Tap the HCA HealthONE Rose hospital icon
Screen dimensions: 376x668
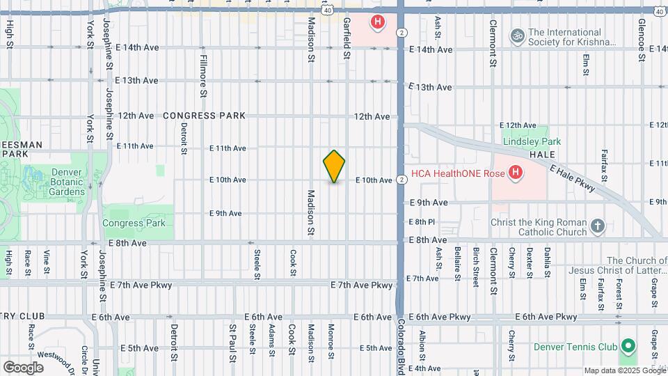515,172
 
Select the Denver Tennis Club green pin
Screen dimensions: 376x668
628,346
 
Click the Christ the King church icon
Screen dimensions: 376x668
597,226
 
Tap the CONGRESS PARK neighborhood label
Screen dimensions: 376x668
205,116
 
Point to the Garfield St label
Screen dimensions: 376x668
346,33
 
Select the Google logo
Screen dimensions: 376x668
23,367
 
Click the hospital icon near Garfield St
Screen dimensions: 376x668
377,22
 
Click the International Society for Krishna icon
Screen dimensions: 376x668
516,34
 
